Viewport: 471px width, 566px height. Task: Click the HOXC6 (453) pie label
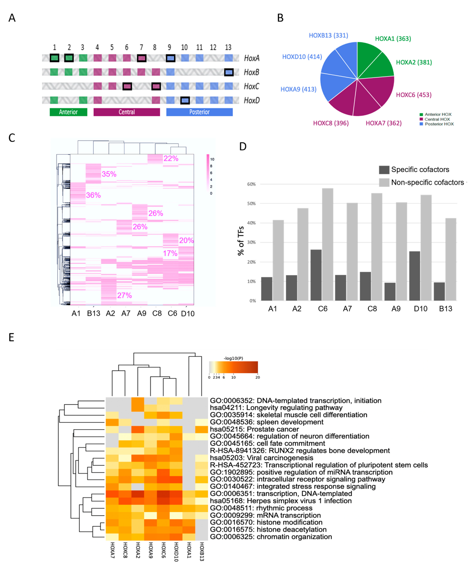point(414,95)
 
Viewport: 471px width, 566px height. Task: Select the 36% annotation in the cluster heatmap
point(93,195)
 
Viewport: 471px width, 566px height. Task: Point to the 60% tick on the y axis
point(251,184)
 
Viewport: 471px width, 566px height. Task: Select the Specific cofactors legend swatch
point(384,170)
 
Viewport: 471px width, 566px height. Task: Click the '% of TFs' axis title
point(241,241)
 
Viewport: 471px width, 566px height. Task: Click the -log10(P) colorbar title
point(233,358)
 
